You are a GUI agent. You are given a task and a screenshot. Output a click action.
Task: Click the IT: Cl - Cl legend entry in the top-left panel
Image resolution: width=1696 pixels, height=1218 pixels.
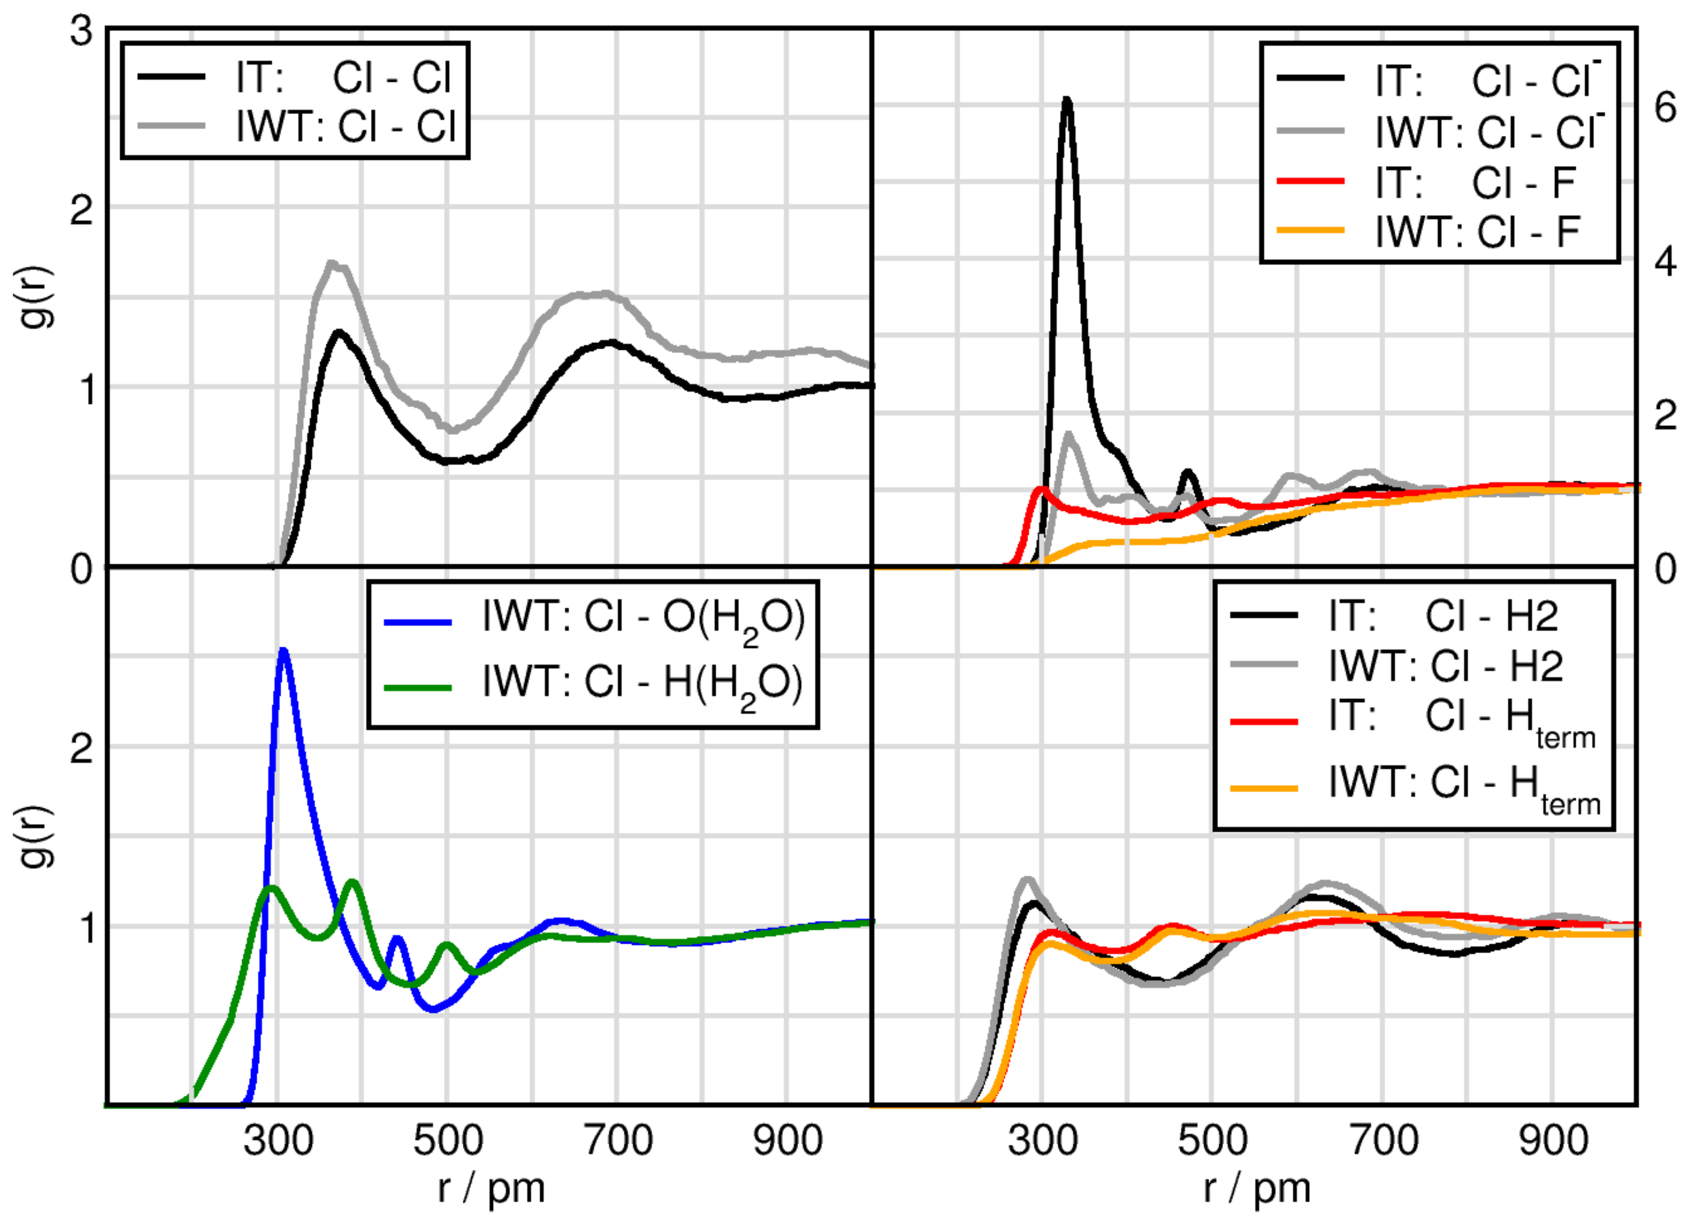pyautogui.click(x=343, y=78)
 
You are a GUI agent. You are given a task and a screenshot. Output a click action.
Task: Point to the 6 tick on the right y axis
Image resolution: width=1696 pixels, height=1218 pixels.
pyautogui.click(x=1665, y=109)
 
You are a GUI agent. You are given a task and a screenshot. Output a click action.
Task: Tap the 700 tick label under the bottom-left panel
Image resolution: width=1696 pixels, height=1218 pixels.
pyautogui.click(x=617, y=1141)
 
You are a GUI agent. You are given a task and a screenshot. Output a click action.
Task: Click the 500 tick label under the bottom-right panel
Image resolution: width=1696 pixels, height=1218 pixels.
pyautogui.click(x=1212, y=1141)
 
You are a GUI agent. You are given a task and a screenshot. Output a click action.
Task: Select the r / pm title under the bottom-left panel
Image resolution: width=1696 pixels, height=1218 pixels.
pyautogui.click(x=491, y=1188)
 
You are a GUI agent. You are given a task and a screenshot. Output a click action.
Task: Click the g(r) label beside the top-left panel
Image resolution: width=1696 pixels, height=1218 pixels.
pyautogui.click(x=37, y=297)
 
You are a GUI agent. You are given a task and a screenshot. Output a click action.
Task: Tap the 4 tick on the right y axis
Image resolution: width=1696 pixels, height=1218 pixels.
pyautogui.click(x=1665, y=262)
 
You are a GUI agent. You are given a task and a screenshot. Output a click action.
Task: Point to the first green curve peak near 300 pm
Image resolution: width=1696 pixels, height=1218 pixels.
pyautogui.click(x=270, y=889)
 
